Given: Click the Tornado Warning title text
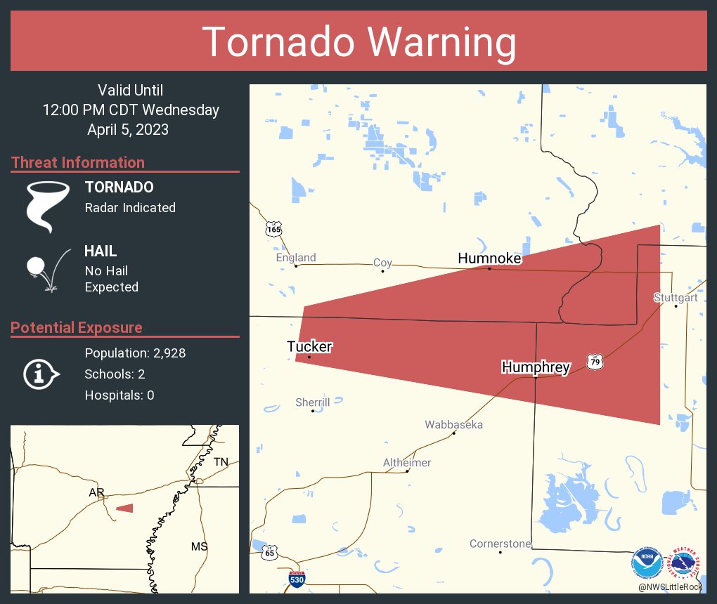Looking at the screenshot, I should pos(358,42).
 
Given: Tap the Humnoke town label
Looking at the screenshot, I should pos(489,258).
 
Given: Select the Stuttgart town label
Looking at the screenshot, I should pos(675,297).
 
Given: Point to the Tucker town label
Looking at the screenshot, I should pos(309,346).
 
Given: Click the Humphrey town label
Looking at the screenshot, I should pos(535,367).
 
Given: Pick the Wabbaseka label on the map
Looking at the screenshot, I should pos(453,425).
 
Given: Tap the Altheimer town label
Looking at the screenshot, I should pos(407,463).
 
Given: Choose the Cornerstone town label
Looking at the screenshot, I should pos(500,544).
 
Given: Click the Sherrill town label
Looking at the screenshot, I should pos(313,402).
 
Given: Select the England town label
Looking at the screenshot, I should pos(296,258).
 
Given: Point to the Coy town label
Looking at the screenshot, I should pos(382,263).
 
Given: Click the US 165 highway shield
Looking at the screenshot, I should pos(273,229).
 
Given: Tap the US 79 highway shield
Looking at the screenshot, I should pos(595,362).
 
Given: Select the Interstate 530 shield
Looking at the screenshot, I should pos(297,580).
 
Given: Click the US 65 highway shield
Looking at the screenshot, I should pos(271,552).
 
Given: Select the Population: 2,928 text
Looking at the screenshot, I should pos(135,353).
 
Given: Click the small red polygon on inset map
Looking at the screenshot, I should pos(124,508).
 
